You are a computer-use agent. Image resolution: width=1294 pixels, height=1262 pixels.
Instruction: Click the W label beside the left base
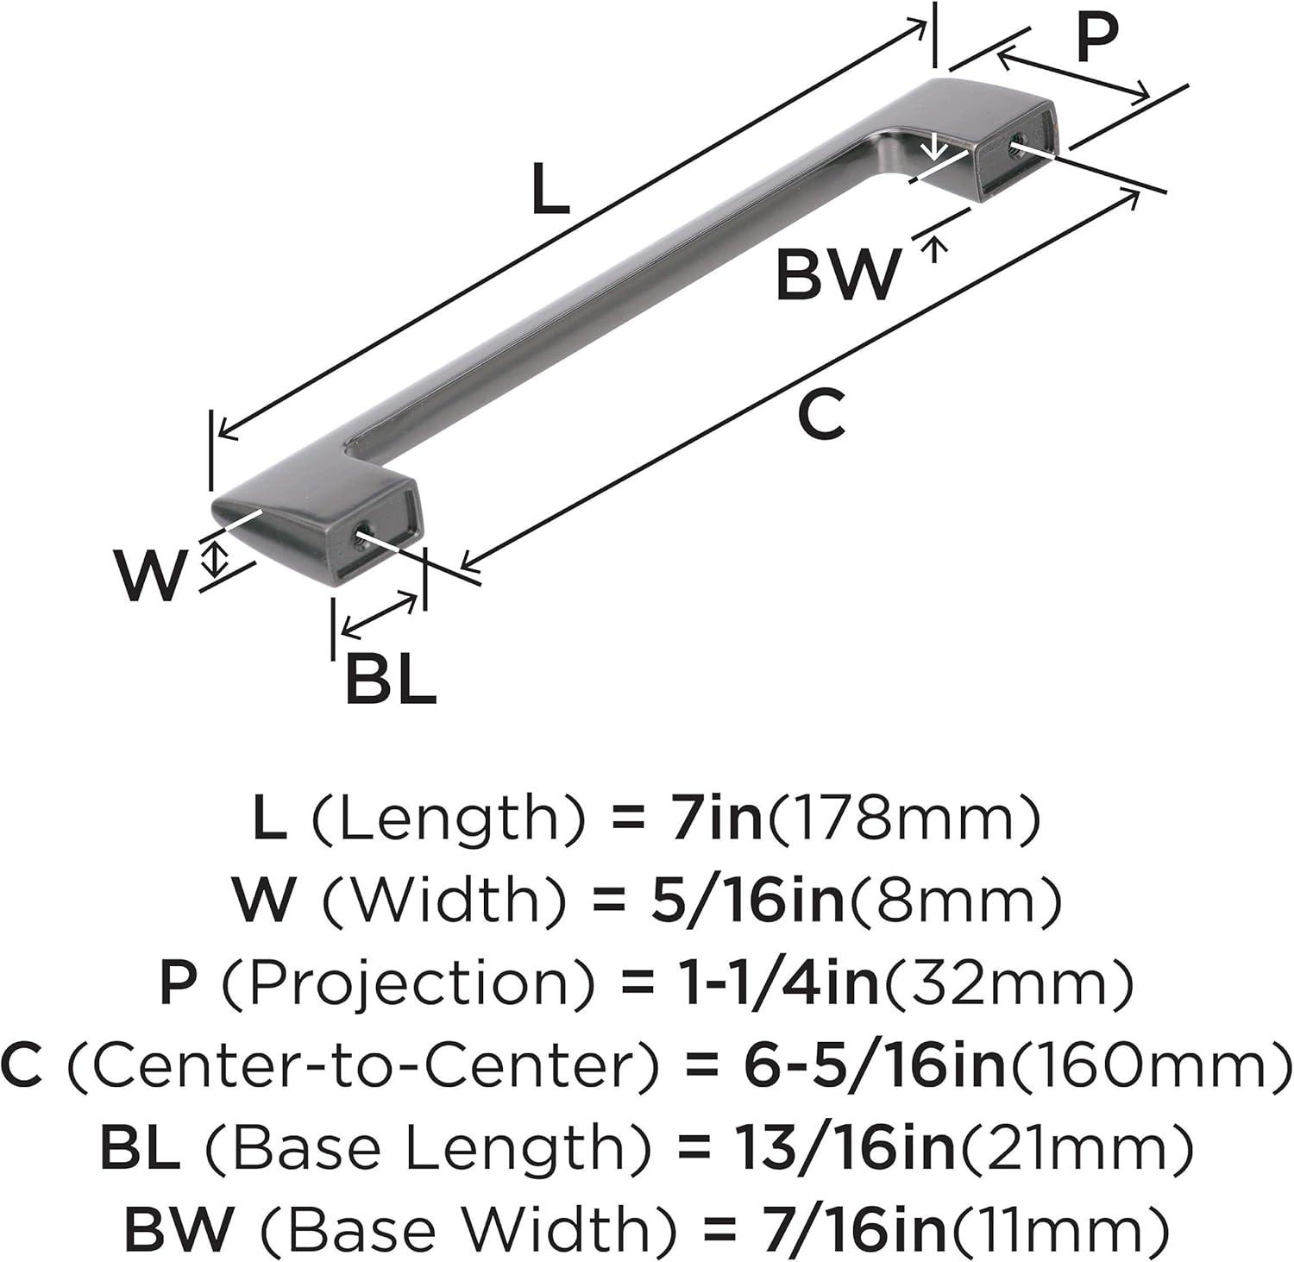pyautogui.click(x=151, y=575)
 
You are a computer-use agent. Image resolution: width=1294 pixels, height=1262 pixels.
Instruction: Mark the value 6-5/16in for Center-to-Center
pyautogui.click(x=873, y=1066)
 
